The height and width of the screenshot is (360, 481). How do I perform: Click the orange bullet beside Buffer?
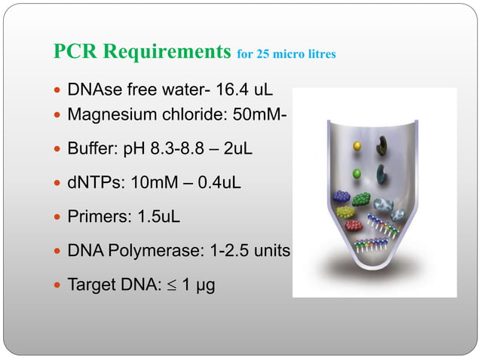pos(59,149)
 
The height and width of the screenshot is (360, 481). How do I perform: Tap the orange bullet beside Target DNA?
pos(59,285)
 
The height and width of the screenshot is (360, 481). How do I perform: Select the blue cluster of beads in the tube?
pos(342,197)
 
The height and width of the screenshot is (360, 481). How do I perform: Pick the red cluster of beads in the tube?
pos(353,224)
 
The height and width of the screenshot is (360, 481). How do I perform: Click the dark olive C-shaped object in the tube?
pos(385,143)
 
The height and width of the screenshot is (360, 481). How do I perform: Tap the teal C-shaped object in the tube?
pos(384,172)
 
